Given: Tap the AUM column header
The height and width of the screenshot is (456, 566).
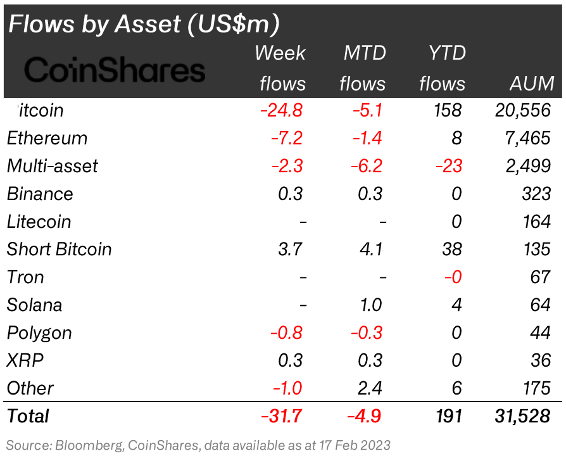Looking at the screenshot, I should (532, 83).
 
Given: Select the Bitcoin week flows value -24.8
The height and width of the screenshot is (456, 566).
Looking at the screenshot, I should (281, 110).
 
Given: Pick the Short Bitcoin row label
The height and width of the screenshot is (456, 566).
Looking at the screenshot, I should (59, 250).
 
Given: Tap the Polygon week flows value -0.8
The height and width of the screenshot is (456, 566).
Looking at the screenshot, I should (287, 333).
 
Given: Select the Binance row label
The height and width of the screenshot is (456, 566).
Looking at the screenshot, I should (40, 194).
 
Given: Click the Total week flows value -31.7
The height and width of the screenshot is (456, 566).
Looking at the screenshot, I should (281, 416).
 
